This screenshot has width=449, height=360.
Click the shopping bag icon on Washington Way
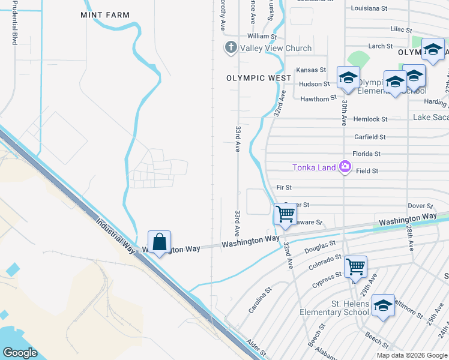click(x=159, y=242)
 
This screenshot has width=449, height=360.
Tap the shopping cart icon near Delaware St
click(x=285, y=214)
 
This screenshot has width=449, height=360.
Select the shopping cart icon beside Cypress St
click(x=356, y=266)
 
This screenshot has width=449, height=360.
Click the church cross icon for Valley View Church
click(x=231, y=48)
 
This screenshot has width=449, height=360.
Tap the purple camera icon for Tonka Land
click(x=345, y=167)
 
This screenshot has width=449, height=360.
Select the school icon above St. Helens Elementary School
click(x=383, y=306)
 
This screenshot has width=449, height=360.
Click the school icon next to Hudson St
click(x=348, y=78)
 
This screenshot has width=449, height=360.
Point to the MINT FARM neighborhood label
click(x=105, y=15)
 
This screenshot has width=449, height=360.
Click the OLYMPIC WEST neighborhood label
click(x=259, y=78)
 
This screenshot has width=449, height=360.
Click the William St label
click(x=265, y=37)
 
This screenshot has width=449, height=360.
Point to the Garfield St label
click(x=370, y=137)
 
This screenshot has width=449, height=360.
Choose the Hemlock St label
click(x=369, y=119)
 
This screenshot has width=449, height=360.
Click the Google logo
click(x=20, y=353)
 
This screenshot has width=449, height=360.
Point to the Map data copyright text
click(x=411, y=355)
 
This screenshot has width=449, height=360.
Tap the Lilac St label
click(x=400, y=29)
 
